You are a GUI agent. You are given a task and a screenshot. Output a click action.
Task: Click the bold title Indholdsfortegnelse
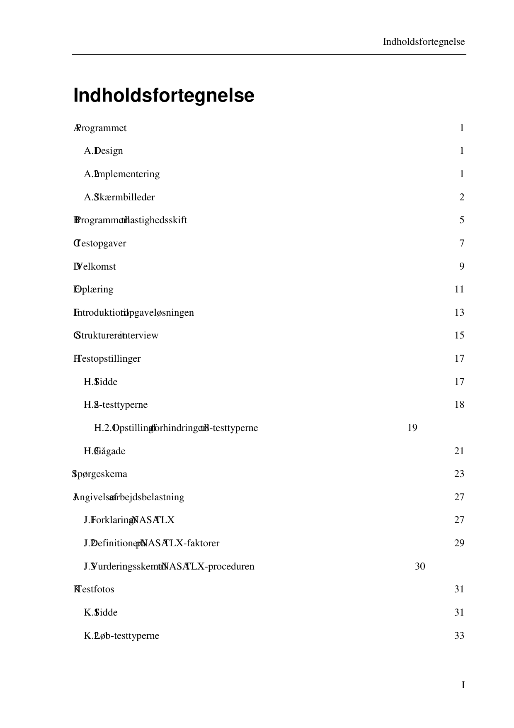(164, 96)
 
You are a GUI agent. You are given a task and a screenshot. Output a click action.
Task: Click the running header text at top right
(424, 42)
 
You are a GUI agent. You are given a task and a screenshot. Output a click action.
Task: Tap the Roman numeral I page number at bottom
(463, 685)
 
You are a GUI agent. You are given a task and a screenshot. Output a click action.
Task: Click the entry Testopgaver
(102, 243)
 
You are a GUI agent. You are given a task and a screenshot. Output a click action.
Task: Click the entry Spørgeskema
(102, 474)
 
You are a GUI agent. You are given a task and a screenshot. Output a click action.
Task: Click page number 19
(412, 428)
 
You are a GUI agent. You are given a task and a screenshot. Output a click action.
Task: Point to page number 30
(420, 566)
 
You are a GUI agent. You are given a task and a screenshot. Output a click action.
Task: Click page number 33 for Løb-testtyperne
(459, 635)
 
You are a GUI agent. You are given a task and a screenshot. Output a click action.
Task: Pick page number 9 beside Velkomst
(461, 266)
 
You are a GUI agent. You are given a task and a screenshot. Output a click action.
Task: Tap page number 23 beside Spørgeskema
(459, 474)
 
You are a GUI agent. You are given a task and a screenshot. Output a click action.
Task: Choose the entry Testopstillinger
(109, 358)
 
